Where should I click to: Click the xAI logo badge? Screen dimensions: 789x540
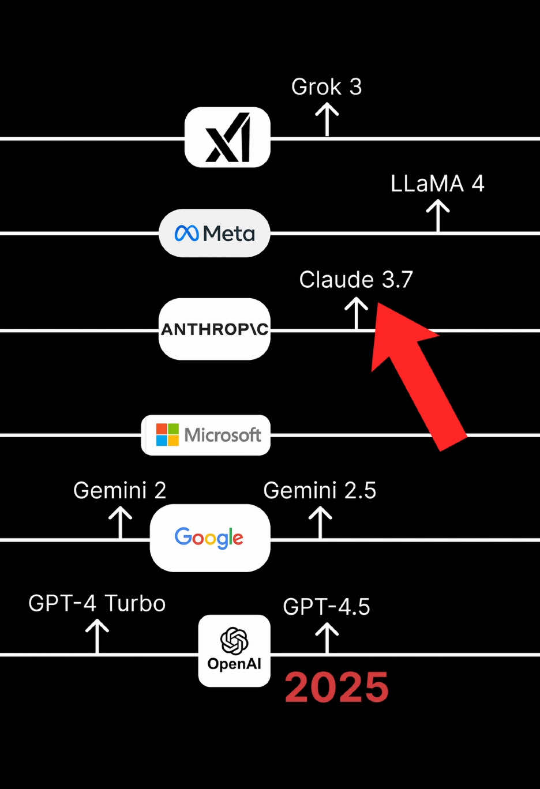click(227, 137)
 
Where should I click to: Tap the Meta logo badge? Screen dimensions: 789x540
click(214, 233)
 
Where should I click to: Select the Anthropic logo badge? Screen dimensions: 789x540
click(214, 329)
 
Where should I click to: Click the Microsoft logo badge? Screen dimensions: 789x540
click(206, 435)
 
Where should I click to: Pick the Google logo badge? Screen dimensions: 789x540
click(209, 538)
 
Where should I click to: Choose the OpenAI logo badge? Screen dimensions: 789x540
click(234, 651)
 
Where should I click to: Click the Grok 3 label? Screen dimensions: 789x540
click(327, 87)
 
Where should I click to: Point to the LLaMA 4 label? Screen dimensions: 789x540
click(437, 184)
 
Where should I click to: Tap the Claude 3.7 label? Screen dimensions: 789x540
click(356, 280)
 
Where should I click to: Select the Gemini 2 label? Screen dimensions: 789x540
click(120, 491)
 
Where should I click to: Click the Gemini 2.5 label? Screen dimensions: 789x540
click(320, 491)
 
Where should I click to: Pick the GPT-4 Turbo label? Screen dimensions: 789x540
click(97, 604)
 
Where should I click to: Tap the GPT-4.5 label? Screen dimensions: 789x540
click(327, 607)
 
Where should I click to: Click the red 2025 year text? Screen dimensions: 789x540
click(337, 687)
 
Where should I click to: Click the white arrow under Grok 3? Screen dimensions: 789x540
click(327, 119)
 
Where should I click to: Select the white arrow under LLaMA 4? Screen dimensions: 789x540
click(438, 215)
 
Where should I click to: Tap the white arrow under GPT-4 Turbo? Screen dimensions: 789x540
click(97, 636)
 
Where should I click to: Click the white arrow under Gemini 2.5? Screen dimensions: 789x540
click(320, 523)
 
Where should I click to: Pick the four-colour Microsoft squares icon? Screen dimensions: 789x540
click(167, 435)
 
